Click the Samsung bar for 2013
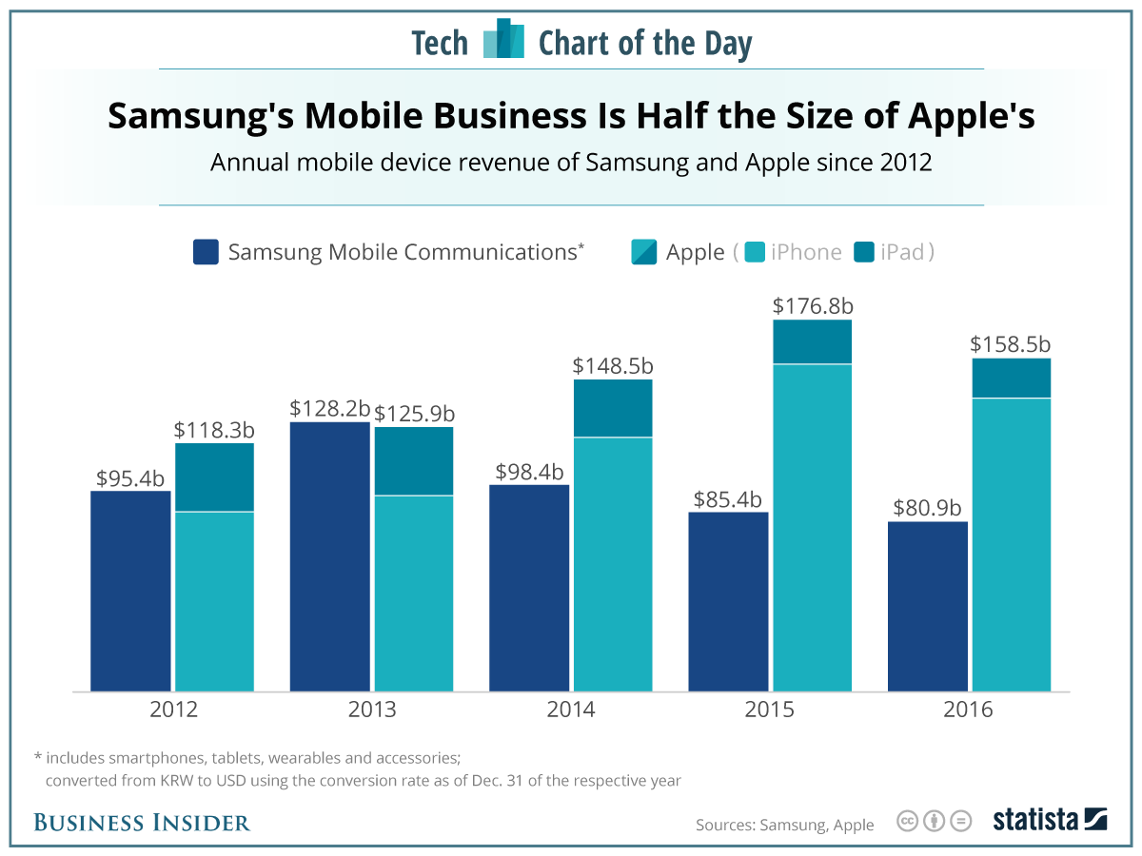click(329, 556)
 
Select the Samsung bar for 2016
click(927, 606)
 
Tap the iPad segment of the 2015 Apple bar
click(812, 341)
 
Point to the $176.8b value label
click(812, 305)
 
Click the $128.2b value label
click(329, 408)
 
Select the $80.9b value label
click(927, 507)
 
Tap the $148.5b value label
click(613, 365)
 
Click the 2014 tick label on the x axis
click(571, 710)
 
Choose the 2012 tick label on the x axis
click(172, 710)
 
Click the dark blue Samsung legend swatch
click(206, 252)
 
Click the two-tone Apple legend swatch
click(643, 252)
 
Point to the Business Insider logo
click(142, 823)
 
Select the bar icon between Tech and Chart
click(503, 40)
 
